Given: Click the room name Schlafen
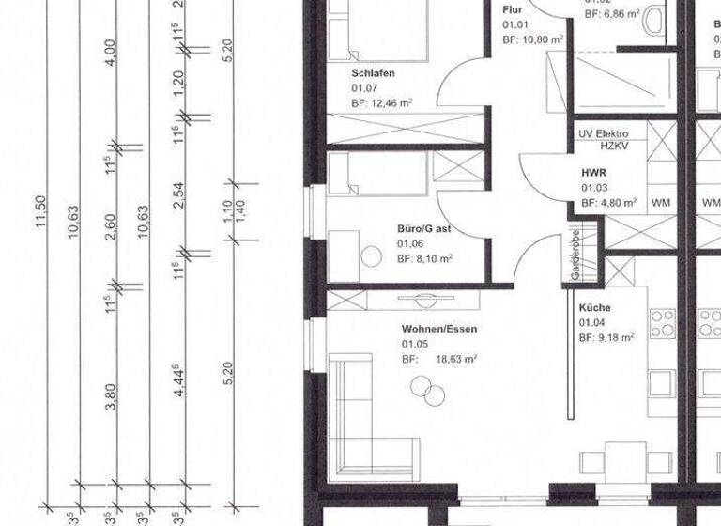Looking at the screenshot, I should pos(373,72).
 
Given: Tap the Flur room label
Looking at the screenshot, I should pos(512,9).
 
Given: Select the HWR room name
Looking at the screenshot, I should pos(593,172).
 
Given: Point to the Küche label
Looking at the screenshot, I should pos(594,308).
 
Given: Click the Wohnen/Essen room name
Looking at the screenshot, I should pos(439,329).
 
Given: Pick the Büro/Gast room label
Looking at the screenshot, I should pos(423,228).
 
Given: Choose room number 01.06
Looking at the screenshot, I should pos(410,243).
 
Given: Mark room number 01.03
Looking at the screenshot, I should pos(593,188).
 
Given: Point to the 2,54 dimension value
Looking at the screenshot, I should pos(178,197).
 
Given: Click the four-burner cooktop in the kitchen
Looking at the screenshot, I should pos(663,323).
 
